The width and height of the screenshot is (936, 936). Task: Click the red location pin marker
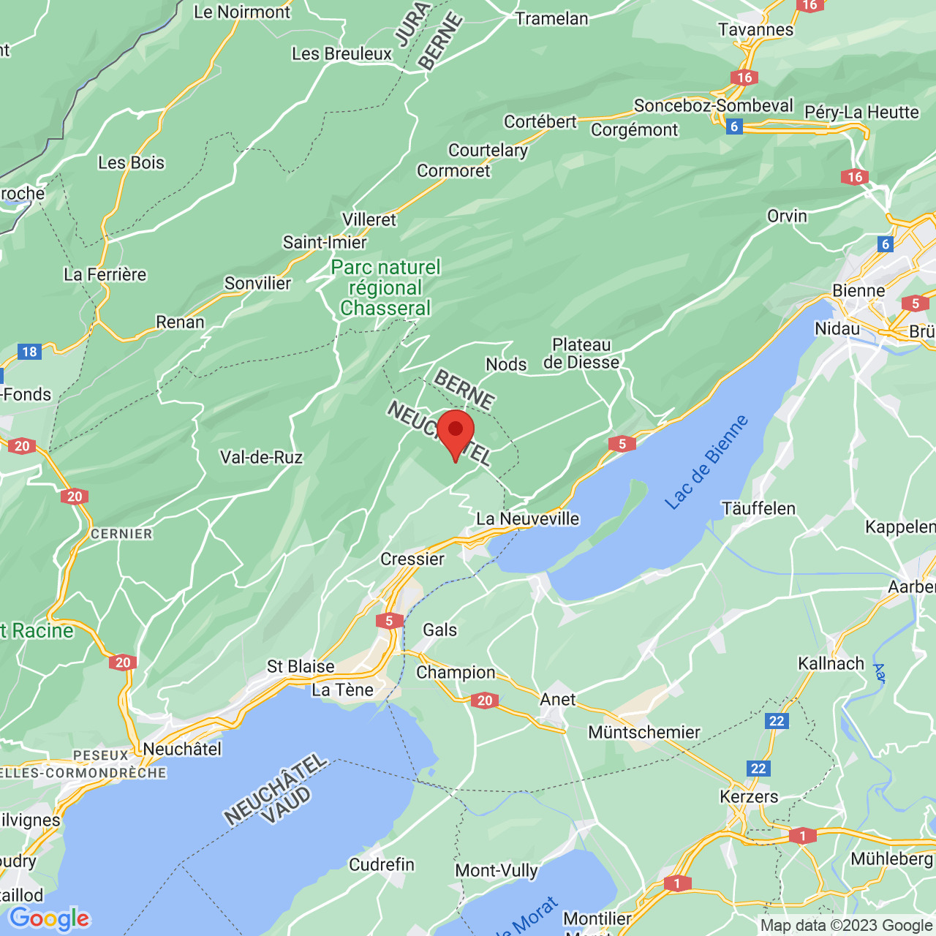coord(456,432)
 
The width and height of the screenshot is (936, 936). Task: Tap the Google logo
coord(50,918)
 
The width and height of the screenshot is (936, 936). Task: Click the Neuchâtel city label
coord(182,749)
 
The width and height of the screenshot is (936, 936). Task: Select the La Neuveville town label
coord(527,518)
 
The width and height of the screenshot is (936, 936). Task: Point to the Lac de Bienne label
coord(706,461)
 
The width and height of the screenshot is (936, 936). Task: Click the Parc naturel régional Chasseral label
coord(385,287)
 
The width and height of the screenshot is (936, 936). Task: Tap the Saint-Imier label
coord(325,242)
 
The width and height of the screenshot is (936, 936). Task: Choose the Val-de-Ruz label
coord(261,458)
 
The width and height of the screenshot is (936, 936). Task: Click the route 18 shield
coord(29,352)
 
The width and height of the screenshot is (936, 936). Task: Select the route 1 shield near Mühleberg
coord(803,835)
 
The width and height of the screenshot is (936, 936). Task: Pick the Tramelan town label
coord(551,18)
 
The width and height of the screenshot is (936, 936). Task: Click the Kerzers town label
coord(749,796)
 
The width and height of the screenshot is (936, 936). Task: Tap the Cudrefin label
coord(382,864)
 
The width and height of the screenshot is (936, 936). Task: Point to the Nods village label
coord(506,364)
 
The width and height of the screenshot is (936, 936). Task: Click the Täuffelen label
coord(758,508)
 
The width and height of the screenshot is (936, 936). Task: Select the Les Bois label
coord(132,162)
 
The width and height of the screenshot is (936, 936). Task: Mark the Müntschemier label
coord(644,732)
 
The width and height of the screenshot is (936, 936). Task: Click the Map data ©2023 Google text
coord(846,925)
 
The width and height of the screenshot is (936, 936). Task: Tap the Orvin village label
coord(787,216)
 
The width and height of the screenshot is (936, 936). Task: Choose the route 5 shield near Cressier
coord(389,621)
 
